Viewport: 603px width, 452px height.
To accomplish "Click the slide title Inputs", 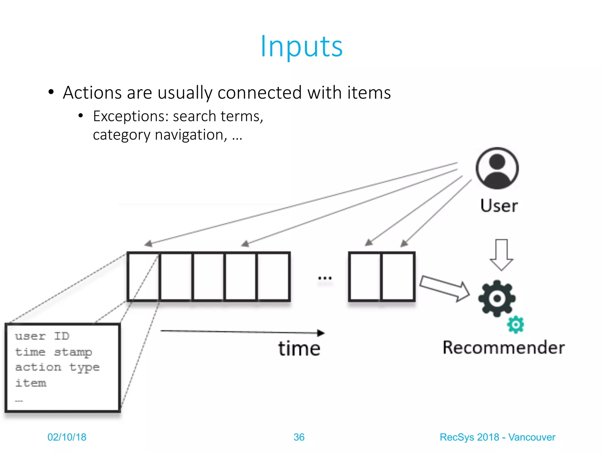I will (x=301, y=46).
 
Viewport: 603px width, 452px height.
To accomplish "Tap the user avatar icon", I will (x=497, y=168).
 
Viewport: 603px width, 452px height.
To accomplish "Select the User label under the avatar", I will (x=499, y=205).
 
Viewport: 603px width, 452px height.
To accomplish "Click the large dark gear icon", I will (x=497, y=298).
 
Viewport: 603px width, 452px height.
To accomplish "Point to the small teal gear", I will (x=515, y=325).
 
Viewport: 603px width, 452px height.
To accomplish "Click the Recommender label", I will (x=503, y=348).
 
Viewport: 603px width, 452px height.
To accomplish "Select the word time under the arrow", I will (x=299, y=349).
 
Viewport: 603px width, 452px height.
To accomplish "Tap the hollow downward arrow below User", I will (x=501, y=255).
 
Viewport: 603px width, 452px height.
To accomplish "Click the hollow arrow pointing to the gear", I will (x=445, y=288).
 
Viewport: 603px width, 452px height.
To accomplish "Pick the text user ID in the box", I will (x=42, y=336).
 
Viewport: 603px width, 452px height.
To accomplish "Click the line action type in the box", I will (x=57, y=368).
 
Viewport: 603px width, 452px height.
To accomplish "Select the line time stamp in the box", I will (x=54, y=352).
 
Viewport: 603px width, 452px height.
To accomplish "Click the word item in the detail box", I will (x=31, y=383).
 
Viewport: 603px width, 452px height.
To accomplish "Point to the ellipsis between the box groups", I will (x=325, y=278).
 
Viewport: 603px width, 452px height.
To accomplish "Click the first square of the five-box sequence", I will (x=144, y=277).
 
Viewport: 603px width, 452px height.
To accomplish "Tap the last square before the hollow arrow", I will (x=397, y=277).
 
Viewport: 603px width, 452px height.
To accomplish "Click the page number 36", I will (x=299, y=437).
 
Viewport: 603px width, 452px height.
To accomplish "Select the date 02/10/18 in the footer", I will (x=67, y=437).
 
